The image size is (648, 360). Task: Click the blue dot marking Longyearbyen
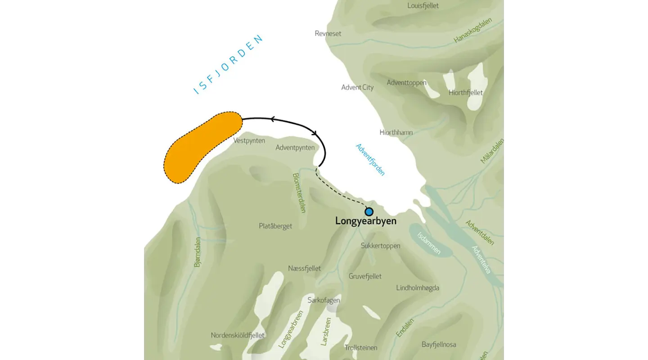pos(369,211)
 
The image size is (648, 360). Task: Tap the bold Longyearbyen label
pos(366,221)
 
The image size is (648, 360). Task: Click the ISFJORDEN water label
pos(228,65)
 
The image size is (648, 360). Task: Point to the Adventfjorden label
pos(370,160)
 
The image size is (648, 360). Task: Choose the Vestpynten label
pos(249,141)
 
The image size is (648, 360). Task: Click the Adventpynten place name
pos(295,148)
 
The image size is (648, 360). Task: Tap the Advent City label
pos(357,87)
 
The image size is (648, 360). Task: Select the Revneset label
pos(328,34)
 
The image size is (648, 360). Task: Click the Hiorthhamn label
pos(396,133)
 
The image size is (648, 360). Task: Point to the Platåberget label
pos(275,226)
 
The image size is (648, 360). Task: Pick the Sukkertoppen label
pos(380,246)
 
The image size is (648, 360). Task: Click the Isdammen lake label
pos(429,243)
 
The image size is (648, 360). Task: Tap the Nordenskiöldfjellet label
pos(238,335)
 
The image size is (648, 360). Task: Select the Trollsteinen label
pos(360,347)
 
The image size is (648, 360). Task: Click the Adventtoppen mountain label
pos(406,83)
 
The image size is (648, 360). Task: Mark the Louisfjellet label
pos(423,6)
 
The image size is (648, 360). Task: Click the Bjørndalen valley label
pos(198,252)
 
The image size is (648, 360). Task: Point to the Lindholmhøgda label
pos(418,288)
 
